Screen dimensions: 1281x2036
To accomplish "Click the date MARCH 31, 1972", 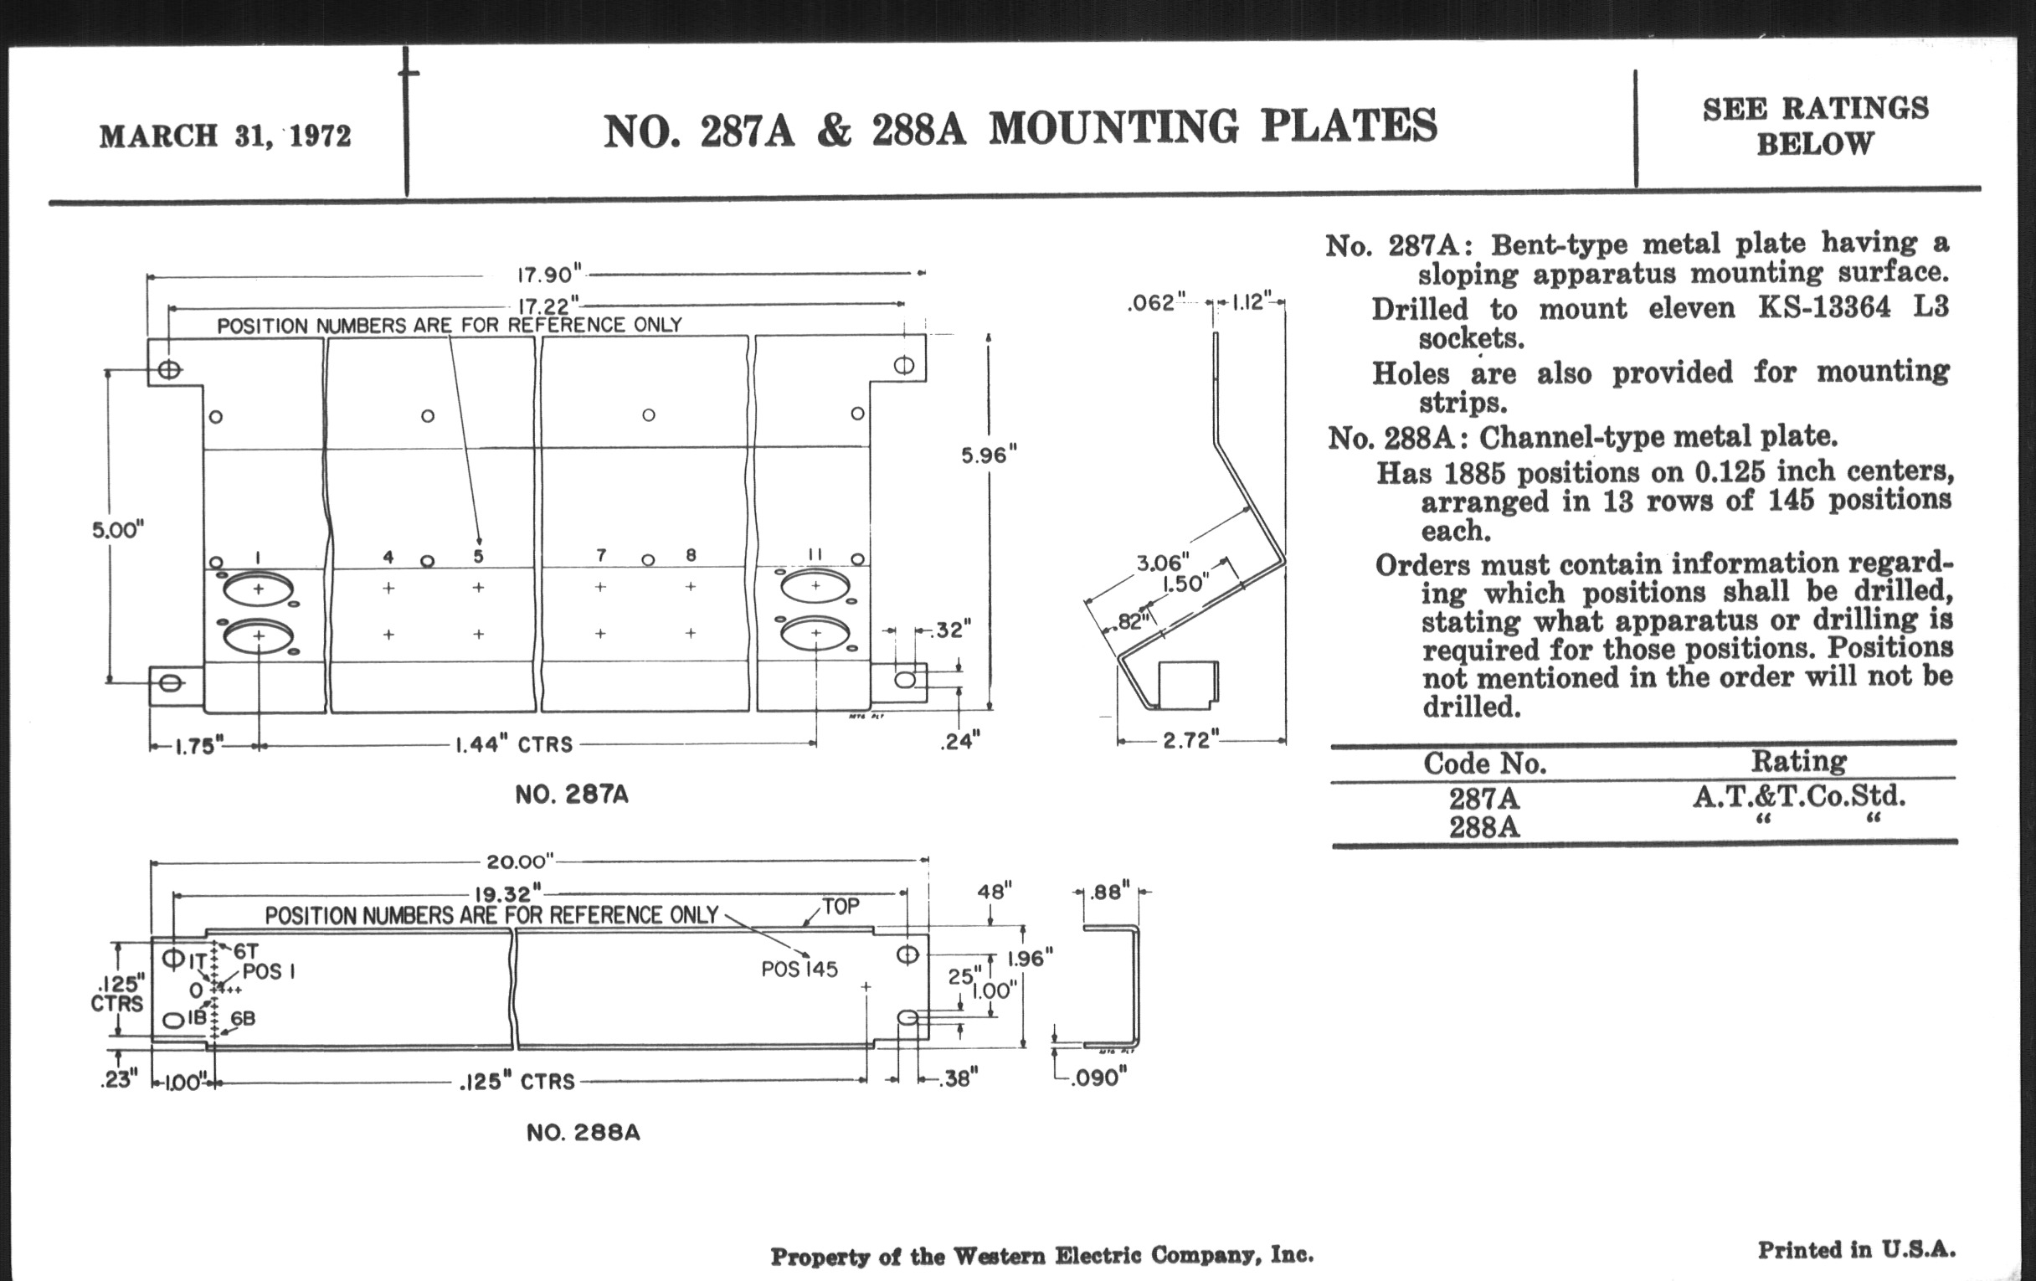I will (225, 136).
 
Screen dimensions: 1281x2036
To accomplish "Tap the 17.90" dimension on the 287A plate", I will (549, 274).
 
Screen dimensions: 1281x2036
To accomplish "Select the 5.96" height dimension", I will (989, 455).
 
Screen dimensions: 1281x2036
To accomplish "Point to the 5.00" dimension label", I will (118, 530).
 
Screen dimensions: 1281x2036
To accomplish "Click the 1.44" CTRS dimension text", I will (514, 744).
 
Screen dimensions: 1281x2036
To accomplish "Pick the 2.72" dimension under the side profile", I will (1190, 741).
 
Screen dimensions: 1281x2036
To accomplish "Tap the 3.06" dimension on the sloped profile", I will (1162, 563).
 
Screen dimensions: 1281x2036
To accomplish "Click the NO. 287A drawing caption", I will (572, 795).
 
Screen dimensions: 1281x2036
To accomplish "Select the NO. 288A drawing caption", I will (583, 1133).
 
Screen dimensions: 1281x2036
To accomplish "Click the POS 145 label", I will (799, 969).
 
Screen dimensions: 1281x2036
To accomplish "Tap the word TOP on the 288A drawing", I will (841, 907).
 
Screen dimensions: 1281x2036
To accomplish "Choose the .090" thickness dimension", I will (1098, 1078).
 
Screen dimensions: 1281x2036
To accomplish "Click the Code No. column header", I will (1485, 764).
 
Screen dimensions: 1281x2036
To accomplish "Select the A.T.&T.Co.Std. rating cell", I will (1798, 796).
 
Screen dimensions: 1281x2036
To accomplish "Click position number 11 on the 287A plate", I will (815, 553).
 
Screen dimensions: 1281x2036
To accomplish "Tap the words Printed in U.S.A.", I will (1856, 1250).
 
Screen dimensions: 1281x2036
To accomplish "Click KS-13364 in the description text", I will (1823, 307).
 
